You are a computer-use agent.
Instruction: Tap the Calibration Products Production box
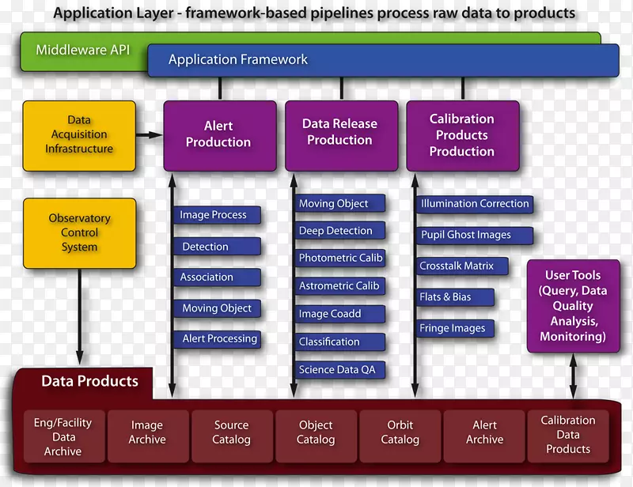coord(462,135)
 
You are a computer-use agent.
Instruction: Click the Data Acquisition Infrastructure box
coord(79,135)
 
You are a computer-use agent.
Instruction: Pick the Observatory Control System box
coord(79,232)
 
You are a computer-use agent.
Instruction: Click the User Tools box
coord(573,306)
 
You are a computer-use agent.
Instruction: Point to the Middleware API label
coord(82,51)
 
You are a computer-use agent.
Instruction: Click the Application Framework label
coord(238,60)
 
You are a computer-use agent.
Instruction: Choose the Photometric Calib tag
coord(340,258)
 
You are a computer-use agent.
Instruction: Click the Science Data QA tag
coord(337,370)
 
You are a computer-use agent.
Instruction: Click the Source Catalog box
coord(232,432)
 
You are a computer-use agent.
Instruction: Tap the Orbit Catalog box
coord(400,432)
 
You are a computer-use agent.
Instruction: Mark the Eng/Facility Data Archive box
coord(63,437)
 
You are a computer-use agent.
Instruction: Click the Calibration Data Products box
coord(568,435)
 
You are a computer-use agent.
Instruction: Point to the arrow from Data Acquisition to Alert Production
coord(148,135)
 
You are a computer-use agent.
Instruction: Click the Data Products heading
coord(89,382)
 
